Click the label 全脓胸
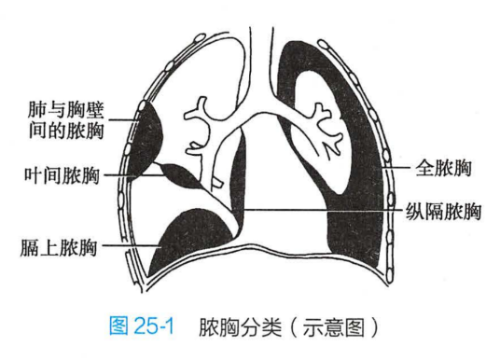coord(444,169)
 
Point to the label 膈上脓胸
coord(59,247)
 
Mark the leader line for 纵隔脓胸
coord(326,209)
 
